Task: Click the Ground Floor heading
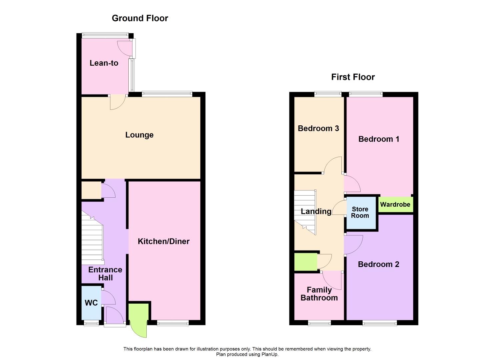(x=140, y=18)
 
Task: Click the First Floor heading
(x=353, y=77)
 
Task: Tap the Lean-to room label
(x=104, y=63)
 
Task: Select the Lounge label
(x=139, y=135)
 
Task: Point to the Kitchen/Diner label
(x=163, y=241)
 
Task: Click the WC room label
(x=91, y=303)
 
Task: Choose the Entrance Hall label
(x=105, y=274)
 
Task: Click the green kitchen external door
(x=138, y=318)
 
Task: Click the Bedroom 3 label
(x=318, y=128)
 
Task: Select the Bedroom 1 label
(x=379, y=139)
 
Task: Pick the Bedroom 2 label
(x=378, y=264)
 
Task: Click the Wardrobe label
(x=395, y=205)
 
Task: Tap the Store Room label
(x=360, y=212)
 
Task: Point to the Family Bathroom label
(x=319, y=294)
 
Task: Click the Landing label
(x=316, y=211)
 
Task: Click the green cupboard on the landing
(x=305, y=262)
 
